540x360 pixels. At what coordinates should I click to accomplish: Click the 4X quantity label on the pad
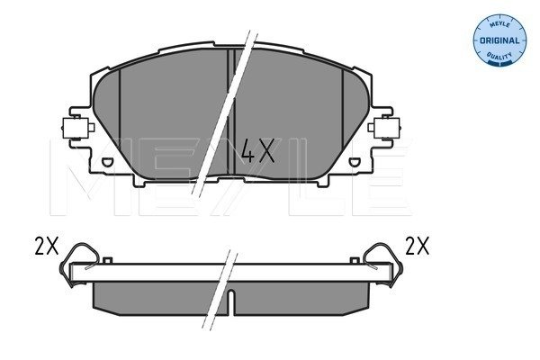click(x=258, y=150)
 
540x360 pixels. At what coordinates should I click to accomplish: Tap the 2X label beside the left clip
click(x=47, y=246)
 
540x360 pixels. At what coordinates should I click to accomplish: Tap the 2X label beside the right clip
click(x=417, y=246)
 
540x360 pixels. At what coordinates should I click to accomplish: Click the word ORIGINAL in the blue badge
click(x=499, y=40)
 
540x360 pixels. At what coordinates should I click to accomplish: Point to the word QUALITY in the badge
click(x=499, y=56)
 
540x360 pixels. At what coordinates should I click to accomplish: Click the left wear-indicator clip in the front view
click(x=77, y=128)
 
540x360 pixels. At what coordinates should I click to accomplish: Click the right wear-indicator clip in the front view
click(x=384, y=128)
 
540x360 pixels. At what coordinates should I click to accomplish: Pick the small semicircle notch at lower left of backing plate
click(x=107, y=162)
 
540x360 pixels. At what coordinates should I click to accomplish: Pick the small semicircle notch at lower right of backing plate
click(x=354, y=162)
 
